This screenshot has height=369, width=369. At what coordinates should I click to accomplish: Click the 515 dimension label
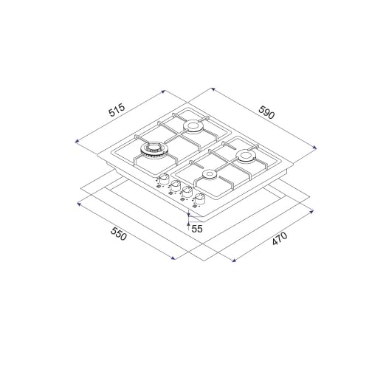click(x=117, y=110)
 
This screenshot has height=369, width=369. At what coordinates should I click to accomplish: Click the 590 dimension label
click(x=266, y=112)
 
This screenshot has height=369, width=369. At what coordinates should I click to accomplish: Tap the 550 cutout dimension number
click(x=119, y=233)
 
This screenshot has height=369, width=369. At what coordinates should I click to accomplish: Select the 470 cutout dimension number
click(x=280, y=238)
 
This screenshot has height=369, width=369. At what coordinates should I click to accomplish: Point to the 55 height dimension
click(x=197, y=229)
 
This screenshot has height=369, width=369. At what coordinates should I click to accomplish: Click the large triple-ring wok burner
click(x=152, y=150)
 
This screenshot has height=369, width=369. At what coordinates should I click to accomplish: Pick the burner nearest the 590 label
click(x=245, y=156)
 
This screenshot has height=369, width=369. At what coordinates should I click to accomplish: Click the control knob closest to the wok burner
click(x=163, y=179)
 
